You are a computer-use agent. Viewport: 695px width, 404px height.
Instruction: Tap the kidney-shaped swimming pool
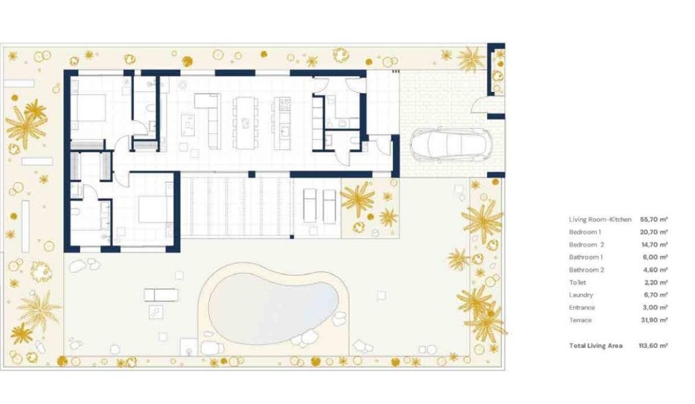(x=272, y=306)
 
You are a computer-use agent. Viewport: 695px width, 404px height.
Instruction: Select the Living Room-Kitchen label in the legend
(x=600, y=219)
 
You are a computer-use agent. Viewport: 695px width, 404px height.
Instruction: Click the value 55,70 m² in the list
(x=654, y=219)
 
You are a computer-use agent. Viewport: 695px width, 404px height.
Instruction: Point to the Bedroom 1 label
(x=586, y=232)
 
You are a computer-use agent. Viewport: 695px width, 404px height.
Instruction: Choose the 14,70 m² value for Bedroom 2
(x=654, y=245)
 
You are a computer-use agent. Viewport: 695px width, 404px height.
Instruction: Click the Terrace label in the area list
(x=580, y=320)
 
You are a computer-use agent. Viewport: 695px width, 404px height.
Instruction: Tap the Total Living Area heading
(x=596, y=346)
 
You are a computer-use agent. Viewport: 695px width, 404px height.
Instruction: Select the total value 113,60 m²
(x=653, y=346)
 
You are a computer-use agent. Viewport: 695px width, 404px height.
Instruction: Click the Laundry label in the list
(x=581, y=295)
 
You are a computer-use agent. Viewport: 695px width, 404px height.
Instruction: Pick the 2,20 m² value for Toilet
(x=654, y=282)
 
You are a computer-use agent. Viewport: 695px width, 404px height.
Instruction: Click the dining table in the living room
(x=246, y=123)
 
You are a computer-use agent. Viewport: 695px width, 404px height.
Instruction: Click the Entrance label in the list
(x=582, y=307)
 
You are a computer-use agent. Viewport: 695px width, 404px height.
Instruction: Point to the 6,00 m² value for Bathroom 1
(x=654, y=257)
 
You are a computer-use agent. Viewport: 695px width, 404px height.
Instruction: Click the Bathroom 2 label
(x=586, y=270)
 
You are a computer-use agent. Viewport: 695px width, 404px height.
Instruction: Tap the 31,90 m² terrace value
(x=654, y=320)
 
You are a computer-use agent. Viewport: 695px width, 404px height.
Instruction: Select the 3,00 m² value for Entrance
(x=654, y=307)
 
